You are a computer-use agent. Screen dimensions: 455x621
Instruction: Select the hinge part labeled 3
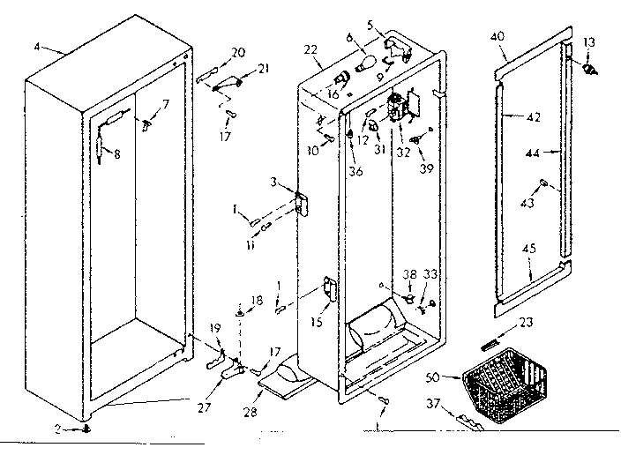click(x=302, y=204)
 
